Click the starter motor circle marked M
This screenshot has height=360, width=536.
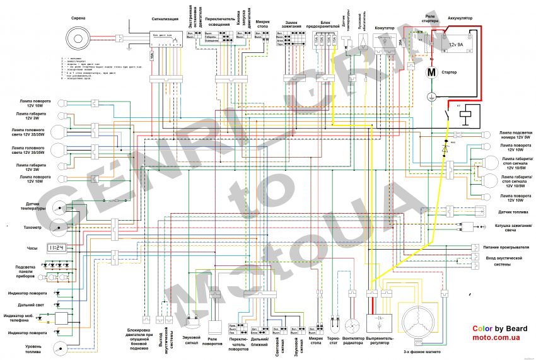pos(431,73)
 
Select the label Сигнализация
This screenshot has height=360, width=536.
pos(159,20)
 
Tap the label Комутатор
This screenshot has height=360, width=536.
pos(384,28)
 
